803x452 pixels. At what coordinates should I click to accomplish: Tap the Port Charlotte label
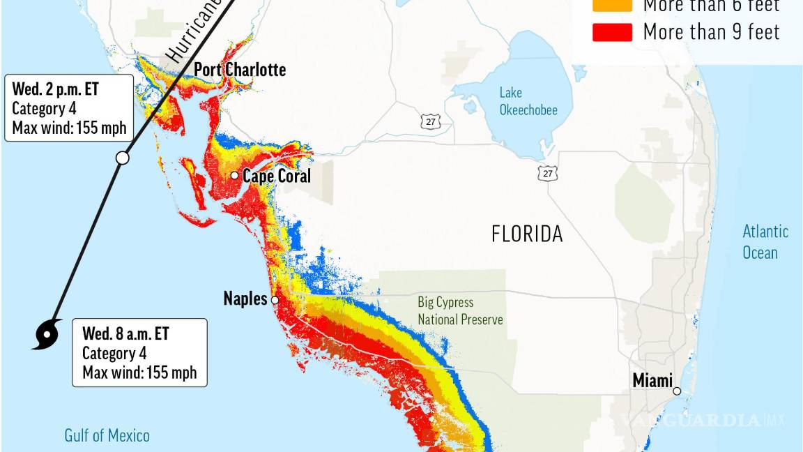(x=240, y=70)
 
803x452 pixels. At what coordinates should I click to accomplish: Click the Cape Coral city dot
(x=235, y=175)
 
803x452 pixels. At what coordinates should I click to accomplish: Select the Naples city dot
(x=275, y=301)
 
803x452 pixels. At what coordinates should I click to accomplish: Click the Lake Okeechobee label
(x=528, y=101)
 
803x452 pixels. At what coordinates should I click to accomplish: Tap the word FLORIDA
(x=527, y=234)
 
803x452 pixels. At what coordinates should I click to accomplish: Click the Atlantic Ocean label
(x=765, y=241)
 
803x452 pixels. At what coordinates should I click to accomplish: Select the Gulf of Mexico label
(x=107, y=436)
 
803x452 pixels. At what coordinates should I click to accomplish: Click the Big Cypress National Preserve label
(x=460, y=311)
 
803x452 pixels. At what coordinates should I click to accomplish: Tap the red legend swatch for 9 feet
(x=612, y=32)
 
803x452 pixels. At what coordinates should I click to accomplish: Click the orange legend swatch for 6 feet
(x=612, y=6)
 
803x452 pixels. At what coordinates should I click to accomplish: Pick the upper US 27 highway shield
(x=430, y=121)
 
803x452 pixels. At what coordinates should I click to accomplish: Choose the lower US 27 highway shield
(x=548, y=173)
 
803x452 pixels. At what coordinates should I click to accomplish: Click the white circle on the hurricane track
(x=122, y=158)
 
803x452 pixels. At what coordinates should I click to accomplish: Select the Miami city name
(x=652, y=381)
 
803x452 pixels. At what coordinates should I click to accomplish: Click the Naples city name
(x=245, y=299)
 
